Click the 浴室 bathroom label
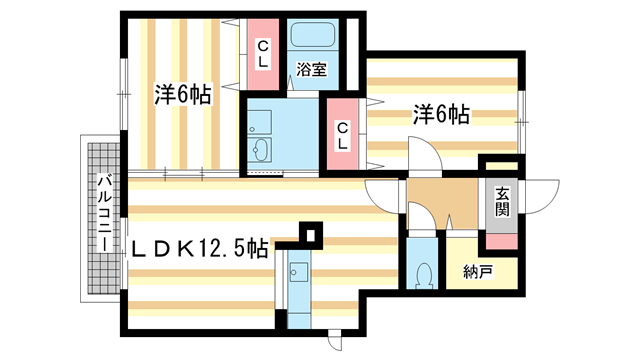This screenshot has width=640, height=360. click(x=311, y=70)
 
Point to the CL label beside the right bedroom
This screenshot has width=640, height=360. click(x=342, y=133)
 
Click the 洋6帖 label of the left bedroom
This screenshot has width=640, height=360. click(x=182, y=96)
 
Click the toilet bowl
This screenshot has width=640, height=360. click(x=423, y=274)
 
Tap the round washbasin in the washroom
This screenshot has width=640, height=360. click(x=262, y=151)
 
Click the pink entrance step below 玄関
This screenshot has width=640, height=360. click(x=502, y=241)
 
